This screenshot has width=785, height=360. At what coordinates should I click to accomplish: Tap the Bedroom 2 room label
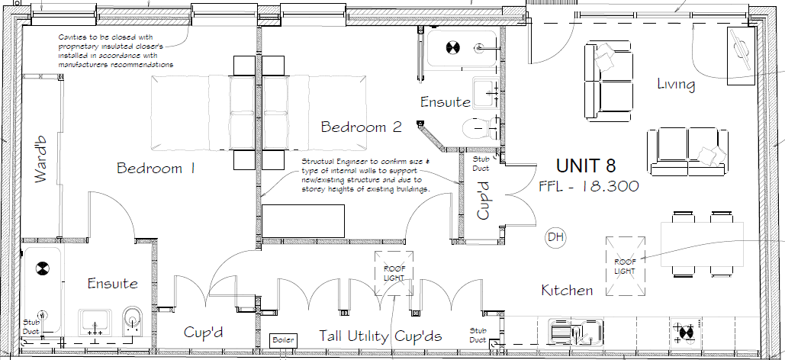361,127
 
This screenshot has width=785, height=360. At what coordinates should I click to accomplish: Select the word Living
676,84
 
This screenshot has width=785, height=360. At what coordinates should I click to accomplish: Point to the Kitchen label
567,291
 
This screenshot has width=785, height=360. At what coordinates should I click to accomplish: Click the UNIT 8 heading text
586,166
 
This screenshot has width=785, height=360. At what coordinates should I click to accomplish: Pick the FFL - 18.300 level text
588,186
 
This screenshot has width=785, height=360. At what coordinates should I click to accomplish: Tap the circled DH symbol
555,238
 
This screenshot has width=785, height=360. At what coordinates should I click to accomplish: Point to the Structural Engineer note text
366,175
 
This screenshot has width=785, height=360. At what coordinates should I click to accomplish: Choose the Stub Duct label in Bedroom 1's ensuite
31,326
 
